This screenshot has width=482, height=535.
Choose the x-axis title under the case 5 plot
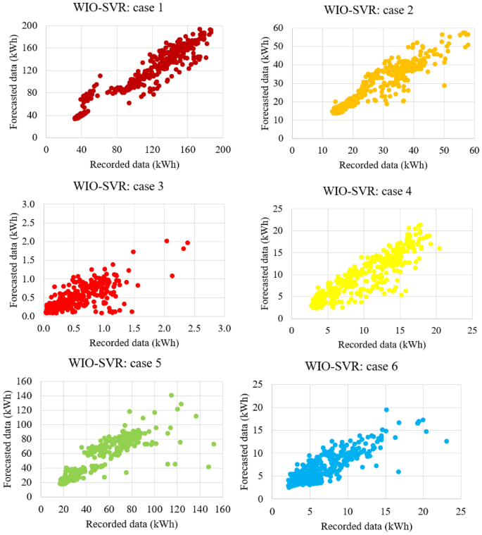coord(132,524)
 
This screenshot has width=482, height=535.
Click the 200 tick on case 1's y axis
coord(30,26)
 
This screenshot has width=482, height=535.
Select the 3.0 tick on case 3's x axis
coord(224,329)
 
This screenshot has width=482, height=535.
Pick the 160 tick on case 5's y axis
coord(26,381)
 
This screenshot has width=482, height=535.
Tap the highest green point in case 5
coord(171,395)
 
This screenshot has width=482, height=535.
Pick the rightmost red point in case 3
coord(188,243)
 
